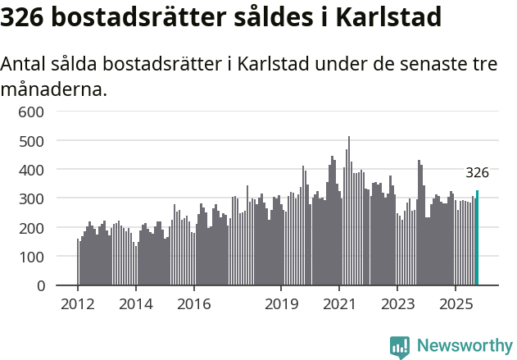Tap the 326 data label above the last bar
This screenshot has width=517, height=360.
(x=477, y=173)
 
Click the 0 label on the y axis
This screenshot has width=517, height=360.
(x=43, y=286)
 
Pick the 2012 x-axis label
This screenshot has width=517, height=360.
(x=78, y=305)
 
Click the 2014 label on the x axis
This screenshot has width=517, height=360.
(x=136, y=305)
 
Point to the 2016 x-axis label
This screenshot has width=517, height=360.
(x=193, y=305)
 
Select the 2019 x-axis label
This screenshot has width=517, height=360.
(x=281, y=305)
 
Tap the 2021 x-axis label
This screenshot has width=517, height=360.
(x=339, y=305)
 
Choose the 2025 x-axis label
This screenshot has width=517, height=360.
(x=455, y=305)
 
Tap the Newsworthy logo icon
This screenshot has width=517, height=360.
(x=399, y=347)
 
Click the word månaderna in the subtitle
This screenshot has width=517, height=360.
(x=54, y=89)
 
